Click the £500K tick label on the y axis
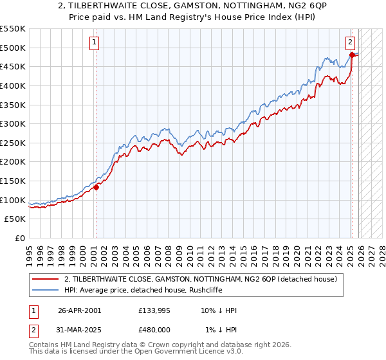point(12,48)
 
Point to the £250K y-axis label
point(12,143)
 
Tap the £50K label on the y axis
point(15,219)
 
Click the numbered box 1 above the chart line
point(95,43)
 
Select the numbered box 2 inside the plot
point(350,43)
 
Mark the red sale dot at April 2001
point(96,187)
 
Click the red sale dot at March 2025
point(352,55)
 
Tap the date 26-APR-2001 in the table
point(79,310)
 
